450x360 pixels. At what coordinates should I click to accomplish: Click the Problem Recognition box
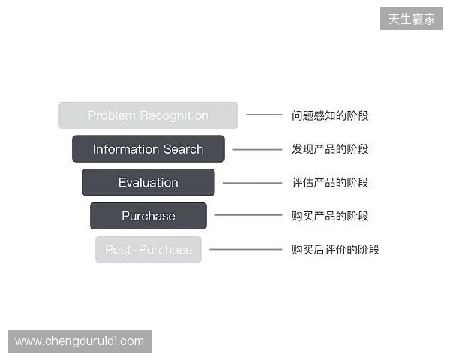point(148,115)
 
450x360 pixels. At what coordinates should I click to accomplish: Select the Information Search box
point(148,149)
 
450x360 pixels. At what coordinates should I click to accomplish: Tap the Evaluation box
point(148,183)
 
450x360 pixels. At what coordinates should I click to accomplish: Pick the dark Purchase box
point(148,216)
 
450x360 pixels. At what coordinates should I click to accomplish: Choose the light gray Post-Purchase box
point(148,250)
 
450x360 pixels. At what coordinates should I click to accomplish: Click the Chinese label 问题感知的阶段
point(330,115)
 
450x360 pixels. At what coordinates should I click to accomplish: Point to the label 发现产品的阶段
point(330,149)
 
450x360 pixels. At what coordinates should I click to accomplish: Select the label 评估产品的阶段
point(330,183)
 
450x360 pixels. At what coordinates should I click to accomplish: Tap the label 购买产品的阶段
point(330,216)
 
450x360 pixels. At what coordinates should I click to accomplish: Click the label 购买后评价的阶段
point(335,250)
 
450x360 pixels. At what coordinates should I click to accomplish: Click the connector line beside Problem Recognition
point(264,115)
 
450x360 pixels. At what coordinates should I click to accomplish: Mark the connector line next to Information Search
point(257,149)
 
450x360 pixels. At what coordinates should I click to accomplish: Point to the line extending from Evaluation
point(253,183)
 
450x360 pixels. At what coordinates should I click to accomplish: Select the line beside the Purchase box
point(248,216)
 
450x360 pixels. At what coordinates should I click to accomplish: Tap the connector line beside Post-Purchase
point(245,250)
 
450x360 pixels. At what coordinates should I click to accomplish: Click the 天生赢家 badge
point(411,19)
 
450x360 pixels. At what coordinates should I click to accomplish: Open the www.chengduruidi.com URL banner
point(80,341)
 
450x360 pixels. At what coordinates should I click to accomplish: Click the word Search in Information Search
point(184,149)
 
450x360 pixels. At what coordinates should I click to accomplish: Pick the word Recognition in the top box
point(173,115)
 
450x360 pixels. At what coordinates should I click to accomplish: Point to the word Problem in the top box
point(111,115)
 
